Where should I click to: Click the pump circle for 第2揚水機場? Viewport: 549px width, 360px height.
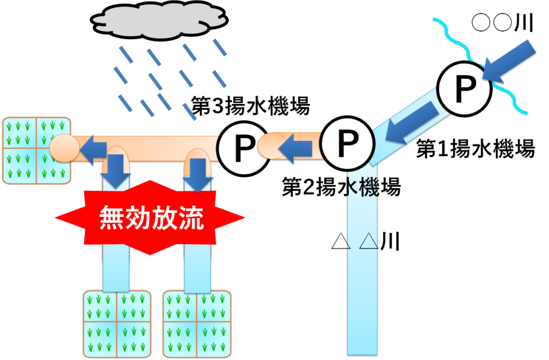tap(347, 140)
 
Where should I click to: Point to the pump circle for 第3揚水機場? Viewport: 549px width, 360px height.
tap(244, 146)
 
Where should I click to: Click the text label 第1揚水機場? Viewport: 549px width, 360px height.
tap(475, 149)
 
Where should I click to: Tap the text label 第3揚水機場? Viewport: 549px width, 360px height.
tap(251, 106)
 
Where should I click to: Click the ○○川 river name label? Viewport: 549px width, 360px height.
tap(502, 23)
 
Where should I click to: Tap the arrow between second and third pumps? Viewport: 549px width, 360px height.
tap(298, 146)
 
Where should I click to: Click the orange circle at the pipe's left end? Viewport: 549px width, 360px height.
tap(63, 148)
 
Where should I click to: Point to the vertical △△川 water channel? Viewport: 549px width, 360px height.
tap(363, 300)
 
